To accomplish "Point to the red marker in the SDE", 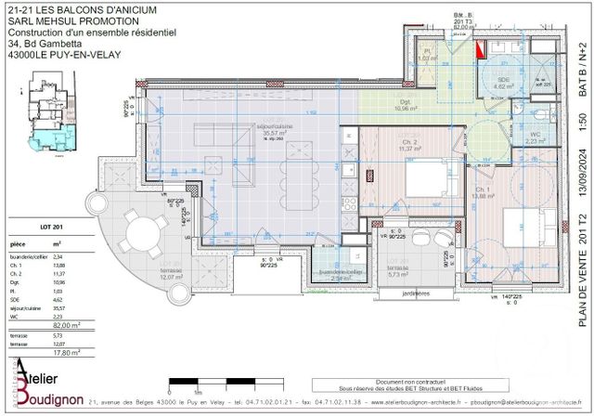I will tap(480, 49).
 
